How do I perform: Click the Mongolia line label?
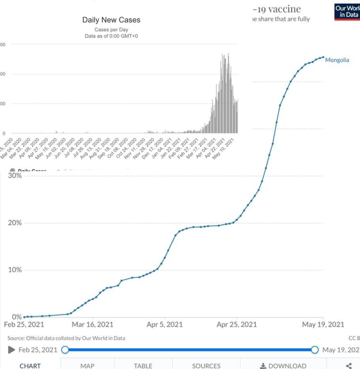[337, 60]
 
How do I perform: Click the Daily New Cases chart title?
[111, 20]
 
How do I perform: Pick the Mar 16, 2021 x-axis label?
[93, 324]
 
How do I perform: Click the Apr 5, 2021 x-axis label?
[164, 324]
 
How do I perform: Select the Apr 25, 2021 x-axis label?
[237, 324]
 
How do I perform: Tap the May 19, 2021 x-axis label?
[324, 324]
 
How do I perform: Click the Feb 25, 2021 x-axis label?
[24, 324]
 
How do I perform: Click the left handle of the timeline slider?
[65, 350]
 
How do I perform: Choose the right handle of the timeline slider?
[315, 350]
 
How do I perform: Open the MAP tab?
[87, 366]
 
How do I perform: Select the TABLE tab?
[143, 366]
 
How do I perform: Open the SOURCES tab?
[206, 366]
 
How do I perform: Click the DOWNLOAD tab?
[283, 366]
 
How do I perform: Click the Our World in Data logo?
[347, 11]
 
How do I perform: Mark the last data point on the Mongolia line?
[323, 57]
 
